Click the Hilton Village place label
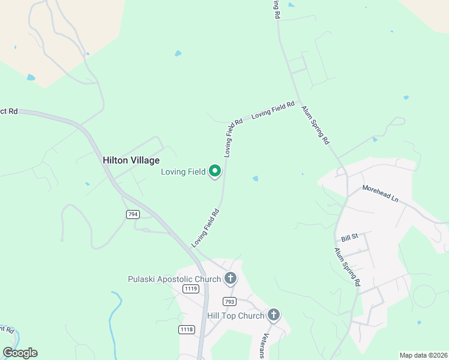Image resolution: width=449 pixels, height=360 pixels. (131, 160)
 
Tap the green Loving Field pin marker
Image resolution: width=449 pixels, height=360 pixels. (215, 172)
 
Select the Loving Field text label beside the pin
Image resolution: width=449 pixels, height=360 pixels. (183, 172)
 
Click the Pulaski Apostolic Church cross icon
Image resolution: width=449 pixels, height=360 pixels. (230, 278)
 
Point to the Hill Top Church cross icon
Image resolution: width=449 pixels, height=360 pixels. (274, 315)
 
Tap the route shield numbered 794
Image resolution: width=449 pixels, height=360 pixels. (133, 214)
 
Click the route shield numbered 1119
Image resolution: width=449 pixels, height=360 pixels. (191, 289)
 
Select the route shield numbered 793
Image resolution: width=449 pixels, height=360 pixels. (229, 301)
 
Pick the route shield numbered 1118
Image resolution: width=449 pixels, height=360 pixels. (187, 329)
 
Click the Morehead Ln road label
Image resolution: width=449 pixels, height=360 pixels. (380, 194)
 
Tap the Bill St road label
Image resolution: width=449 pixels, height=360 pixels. (349, 237)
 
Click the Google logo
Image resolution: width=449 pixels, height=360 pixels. (20, 352)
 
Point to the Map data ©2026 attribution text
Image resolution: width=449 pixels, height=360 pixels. (423, 355)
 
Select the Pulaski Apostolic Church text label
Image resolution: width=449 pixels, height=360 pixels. (175, 279)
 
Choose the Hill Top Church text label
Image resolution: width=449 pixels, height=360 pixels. (235, 316)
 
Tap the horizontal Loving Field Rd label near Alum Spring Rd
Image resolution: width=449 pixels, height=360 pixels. (273, 110)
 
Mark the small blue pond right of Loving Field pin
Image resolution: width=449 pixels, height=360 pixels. (256, 178)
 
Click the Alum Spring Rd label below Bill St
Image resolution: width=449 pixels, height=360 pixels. (347, 266)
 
